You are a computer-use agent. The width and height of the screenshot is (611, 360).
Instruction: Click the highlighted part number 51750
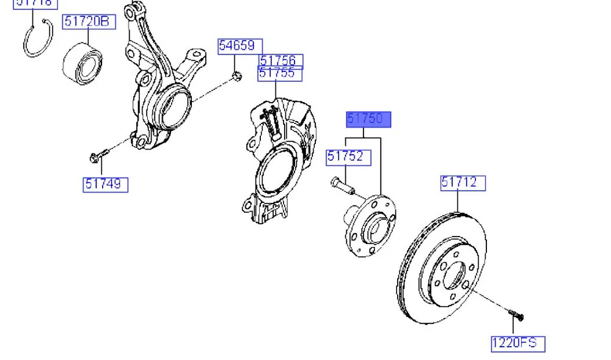[368, 119]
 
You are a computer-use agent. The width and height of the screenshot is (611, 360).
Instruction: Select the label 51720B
[88, 22]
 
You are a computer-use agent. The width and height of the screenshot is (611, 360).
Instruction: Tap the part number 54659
[241, 46]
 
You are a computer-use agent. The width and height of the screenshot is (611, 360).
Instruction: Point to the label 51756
[280, 61]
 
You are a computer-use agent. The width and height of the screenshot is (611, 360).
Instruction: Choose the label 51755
[280, 73]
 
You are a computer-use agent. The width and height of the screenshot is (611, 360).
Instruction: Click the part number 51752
[348, 156]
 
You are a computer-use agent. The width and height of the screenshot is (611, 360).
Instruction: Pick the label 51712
[463, 182]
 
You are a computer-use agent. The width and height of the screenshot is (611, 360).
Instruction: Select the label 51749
[106, 183]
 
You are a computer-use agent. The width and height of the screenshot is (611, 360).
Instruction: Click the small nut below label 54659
[238, 76]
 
